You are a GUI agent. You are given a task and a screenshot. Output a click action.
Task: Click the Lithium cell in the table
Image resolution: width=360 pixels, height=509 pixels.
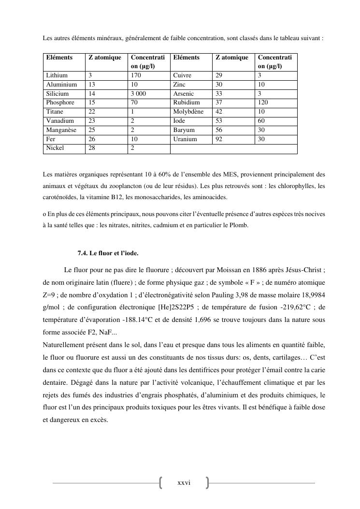(57, 75)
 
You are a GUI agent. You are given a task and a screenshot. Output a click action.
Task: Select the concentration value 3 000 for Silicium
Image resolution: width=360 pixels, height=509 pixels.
(138, 94)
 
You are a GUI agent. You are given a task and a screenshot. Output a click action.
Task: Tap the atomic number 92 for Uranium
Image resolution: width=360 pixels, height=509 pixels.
(219, 139)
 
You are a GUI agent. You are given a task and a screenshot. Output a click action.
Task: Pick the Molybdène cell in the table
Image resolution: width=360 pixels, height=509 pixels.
(188, 112)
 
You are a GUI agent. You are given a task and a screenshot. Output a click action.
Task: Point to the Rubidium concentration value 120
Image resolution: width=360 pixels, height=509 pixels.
(263, 102)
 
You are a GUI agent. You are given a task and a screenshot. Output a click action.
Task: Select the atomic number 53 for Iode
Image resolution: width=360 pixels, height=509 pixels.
(219, 121)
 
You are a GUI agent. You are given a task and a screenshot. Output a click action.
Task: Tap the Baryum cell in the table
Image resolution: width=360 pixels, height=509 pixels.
(184, 130)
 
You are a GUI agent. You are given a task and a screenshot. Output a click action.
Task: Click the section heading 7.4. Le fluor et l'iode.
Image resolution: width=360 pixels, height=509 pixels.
(108, 253)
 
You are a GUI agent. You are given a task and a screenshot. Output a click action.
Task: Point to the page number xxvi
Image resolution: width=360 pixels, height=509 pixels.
(184, 482)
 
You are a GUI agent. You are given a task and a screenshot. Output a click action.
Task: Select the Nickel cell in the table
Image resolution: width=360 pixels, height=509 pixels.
(55, 148)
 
